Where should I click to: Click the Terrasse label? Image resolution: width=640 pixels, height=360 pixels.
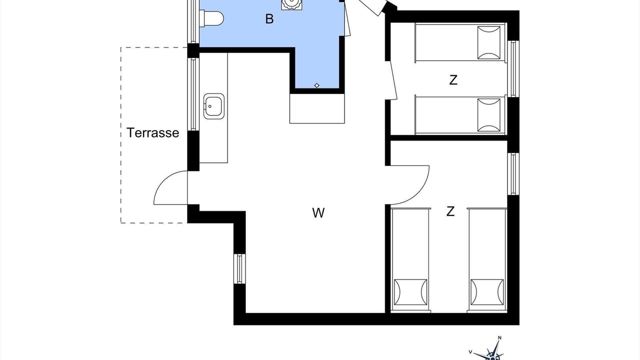[153, 133]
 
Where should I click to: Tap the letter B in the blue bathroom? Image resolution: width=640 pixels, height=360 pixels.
[269, 19]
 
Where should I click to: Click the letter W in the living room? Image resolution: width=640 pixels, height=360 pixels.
[318, 213]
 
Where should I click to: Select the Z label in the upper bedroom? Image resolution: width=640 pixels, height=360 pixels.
[453, 80]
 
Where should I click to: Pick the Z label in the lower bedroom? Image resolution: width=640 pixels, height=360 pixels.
[450, 211]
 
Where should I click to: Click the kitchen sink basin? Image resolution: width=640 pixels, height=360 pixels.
[213, 106]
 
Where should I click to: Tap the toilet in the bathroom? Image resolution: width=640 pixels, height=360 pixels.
[211, 18]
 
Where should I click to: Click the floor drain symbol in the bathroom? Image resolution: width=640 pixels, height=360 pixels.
[316, 85]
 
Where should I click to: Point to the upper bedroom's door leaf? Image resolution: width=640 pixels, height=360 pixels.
[393, 80]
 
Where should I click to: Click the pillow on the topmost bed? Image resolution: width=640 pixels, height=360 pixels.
[489, 42]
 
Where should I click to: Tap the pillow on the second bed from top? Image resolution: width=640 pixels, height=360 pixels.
[489, 115]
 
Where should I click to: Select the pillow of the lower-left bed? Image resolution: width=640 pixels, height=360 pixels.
[410, 292]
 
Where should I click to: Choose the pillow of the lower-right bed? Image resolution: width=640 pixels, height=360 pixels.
[487, 292]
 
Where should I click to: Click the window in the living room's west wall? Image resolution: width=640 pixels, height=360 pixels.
[239, 269]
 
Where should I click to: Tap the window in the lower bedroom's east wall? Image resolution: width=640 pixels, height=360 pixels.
[513, 174]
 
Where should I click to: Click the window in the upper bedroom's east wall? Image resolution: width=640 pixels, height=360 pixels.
[513, 69]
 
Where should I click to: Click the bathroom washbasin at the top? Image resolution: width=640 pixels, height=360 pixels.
[292, 4]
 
